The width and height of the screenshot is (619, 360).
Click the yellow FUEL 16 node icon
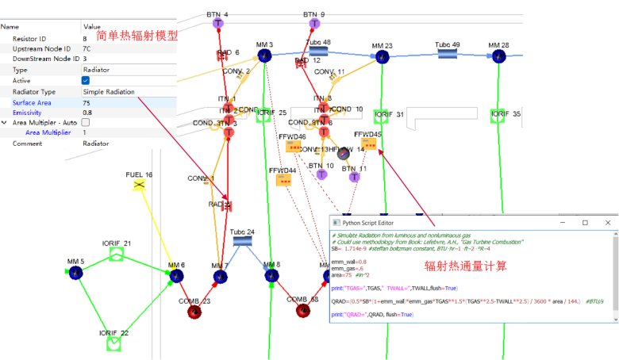139,185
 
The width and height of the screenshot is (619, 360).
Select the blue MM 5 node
76,273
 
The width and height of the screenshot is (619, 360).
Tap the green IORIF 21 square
117,255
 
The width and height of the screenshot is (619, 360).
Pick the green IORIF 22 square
113,343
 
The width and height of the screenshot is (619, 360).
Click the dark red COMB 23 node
194,312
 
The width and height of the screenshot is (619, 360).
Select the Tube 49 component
448,53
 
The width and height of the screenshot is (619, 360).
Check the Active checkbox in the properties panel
86,80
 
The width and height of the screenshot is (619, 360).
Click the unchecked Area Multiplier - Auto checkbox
86,123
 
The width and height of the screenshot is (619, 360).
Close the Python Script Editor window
607,223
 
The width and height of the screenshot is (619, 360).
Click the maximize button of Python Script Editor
584,223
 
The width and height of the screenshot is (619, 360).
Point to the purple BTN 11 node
354,177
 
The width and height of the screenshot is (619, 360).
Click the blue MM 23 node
383,57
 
